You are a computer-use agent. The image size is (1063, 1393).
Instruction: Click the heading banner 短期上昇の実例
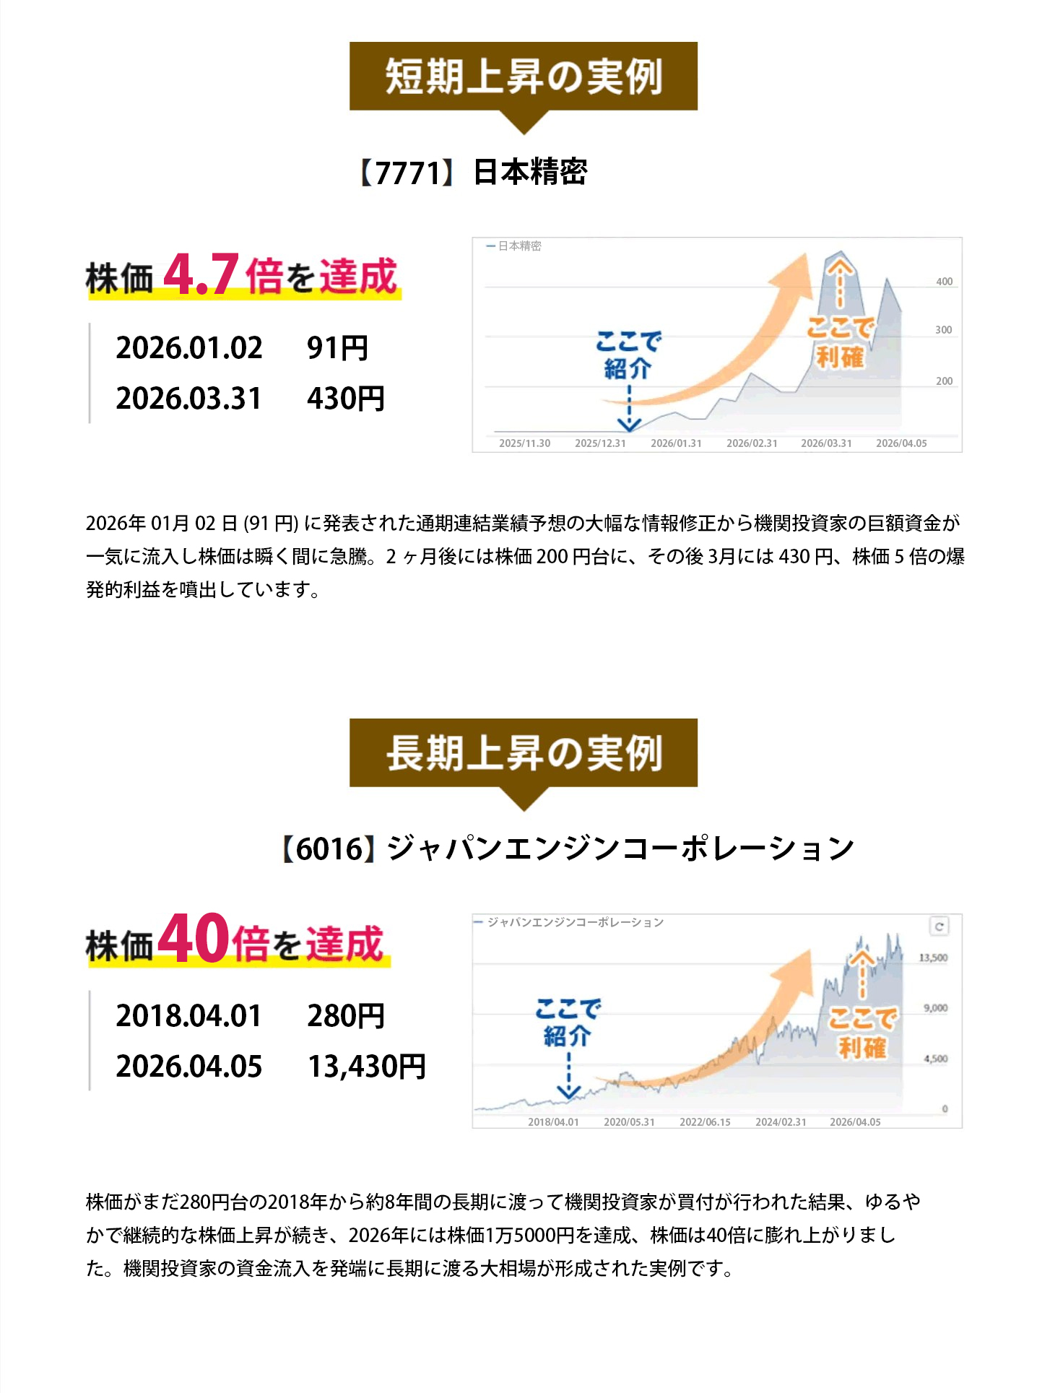click(524, 77)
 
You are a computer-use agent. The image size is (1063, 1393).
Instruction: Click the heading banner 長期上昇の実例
click(524, 752)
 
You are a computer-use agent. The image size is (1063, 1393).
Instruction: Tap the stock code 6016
click(329, 849)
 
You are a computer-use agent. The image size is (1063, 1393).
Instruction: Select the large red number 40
click(194, 939)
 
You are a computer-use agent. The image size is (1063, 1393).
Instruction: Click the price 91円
click(338, 348)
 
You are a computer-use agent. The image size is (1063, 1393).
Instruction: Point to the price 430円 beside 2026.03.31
click(346, 399)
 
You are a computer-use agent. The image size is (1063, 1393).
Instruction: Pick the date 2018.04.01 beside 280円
click(188, 1016)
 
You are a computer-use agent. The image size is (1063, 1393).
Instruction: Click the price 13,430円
click(367, 1067)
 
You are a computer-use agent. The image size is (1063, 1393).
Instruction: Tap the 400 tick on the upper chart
click(944, 282)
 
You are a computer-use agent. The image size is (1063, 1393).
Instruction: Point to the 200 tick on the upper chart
click(944, 381)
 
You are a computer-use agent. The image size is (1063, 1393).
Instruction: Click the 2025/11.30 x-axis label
click(524, 443)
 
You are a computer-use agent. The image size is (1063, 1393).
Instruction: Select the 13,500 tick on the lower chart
click(933, 958)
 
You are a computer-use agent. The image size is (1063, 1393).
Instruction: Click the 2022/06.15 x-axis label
click(705, 1122)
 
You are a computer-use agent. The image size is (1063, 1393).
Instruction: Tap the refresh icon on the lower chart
click(939, 927)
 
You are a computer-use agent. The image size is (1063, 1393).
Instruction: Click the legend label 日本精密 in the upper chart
click(519, 246)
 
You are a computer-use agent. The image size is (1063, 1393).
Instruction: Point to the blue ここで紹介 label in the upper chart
click(628, 355)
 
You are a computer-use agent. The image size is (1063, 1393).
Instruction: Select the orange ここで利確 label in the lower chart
click(862, 1033)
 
